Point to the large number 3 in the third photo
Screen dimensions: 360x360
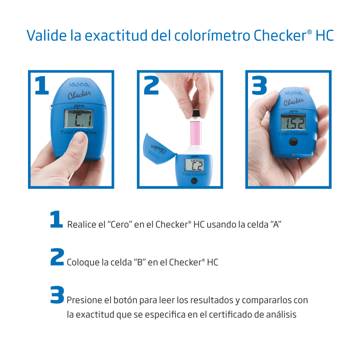click(x=260, y=86)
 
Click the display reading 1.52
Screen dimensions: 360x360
click(x=293, y=122)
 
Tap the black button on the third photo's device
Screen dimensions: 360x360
click(x=294, y=142)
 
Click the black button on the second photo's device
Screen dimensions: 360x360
click(x=194, y=181)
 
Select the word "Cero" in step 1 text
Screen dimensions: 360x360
click(x=120, y=224)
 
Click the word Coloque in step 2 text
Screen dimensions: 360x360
click(x=83, y=262)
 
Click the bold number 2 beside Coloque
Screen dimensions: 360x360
click(x=57, y=257)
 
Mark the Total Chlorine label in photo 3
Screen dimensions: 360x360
click(x=293, y=134)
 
